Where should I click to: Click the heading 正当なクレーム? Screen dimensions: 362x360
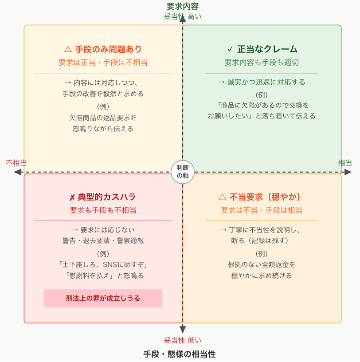coord(262,49)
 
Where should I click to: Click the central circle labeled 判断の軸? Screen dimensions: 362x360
coord(183,172)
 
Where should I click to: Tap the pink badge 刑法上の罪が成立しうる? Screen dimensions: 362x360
coord(103,298)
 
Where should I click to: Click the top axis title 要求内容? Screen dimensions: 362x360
coord(183,6)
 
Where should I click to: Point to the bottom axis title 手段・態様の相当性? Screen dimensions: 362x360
coord(180,354)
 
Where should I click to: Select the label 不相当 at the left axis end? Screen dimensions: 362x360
coord(16,163)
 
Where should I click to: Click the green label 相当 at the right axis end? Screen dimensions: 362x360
coord(345,163)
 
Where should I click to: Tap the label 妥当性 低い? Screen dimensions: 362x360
coord(183,340)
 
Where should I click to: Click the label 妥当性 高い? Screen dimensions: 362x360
coord(183,17)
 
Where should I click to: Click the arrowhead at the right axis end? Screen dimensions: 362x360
coord(348,172)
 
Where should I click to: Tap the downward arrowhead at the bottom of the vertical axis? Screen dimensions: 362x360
coord(183,329)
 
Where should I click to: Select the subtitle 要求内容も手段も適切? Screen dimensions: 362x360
coord(262,63)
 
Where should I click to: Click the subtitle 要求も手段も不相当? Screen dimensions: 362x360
coord(103,210)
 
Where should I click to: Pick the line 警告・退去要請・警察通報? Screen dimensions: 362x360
coord(103,240)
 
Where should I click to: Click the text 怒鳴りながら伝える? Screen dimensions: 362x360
coord(103,129)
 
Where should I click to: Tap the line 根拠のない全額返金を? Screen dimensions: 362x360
coord(262,264)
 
